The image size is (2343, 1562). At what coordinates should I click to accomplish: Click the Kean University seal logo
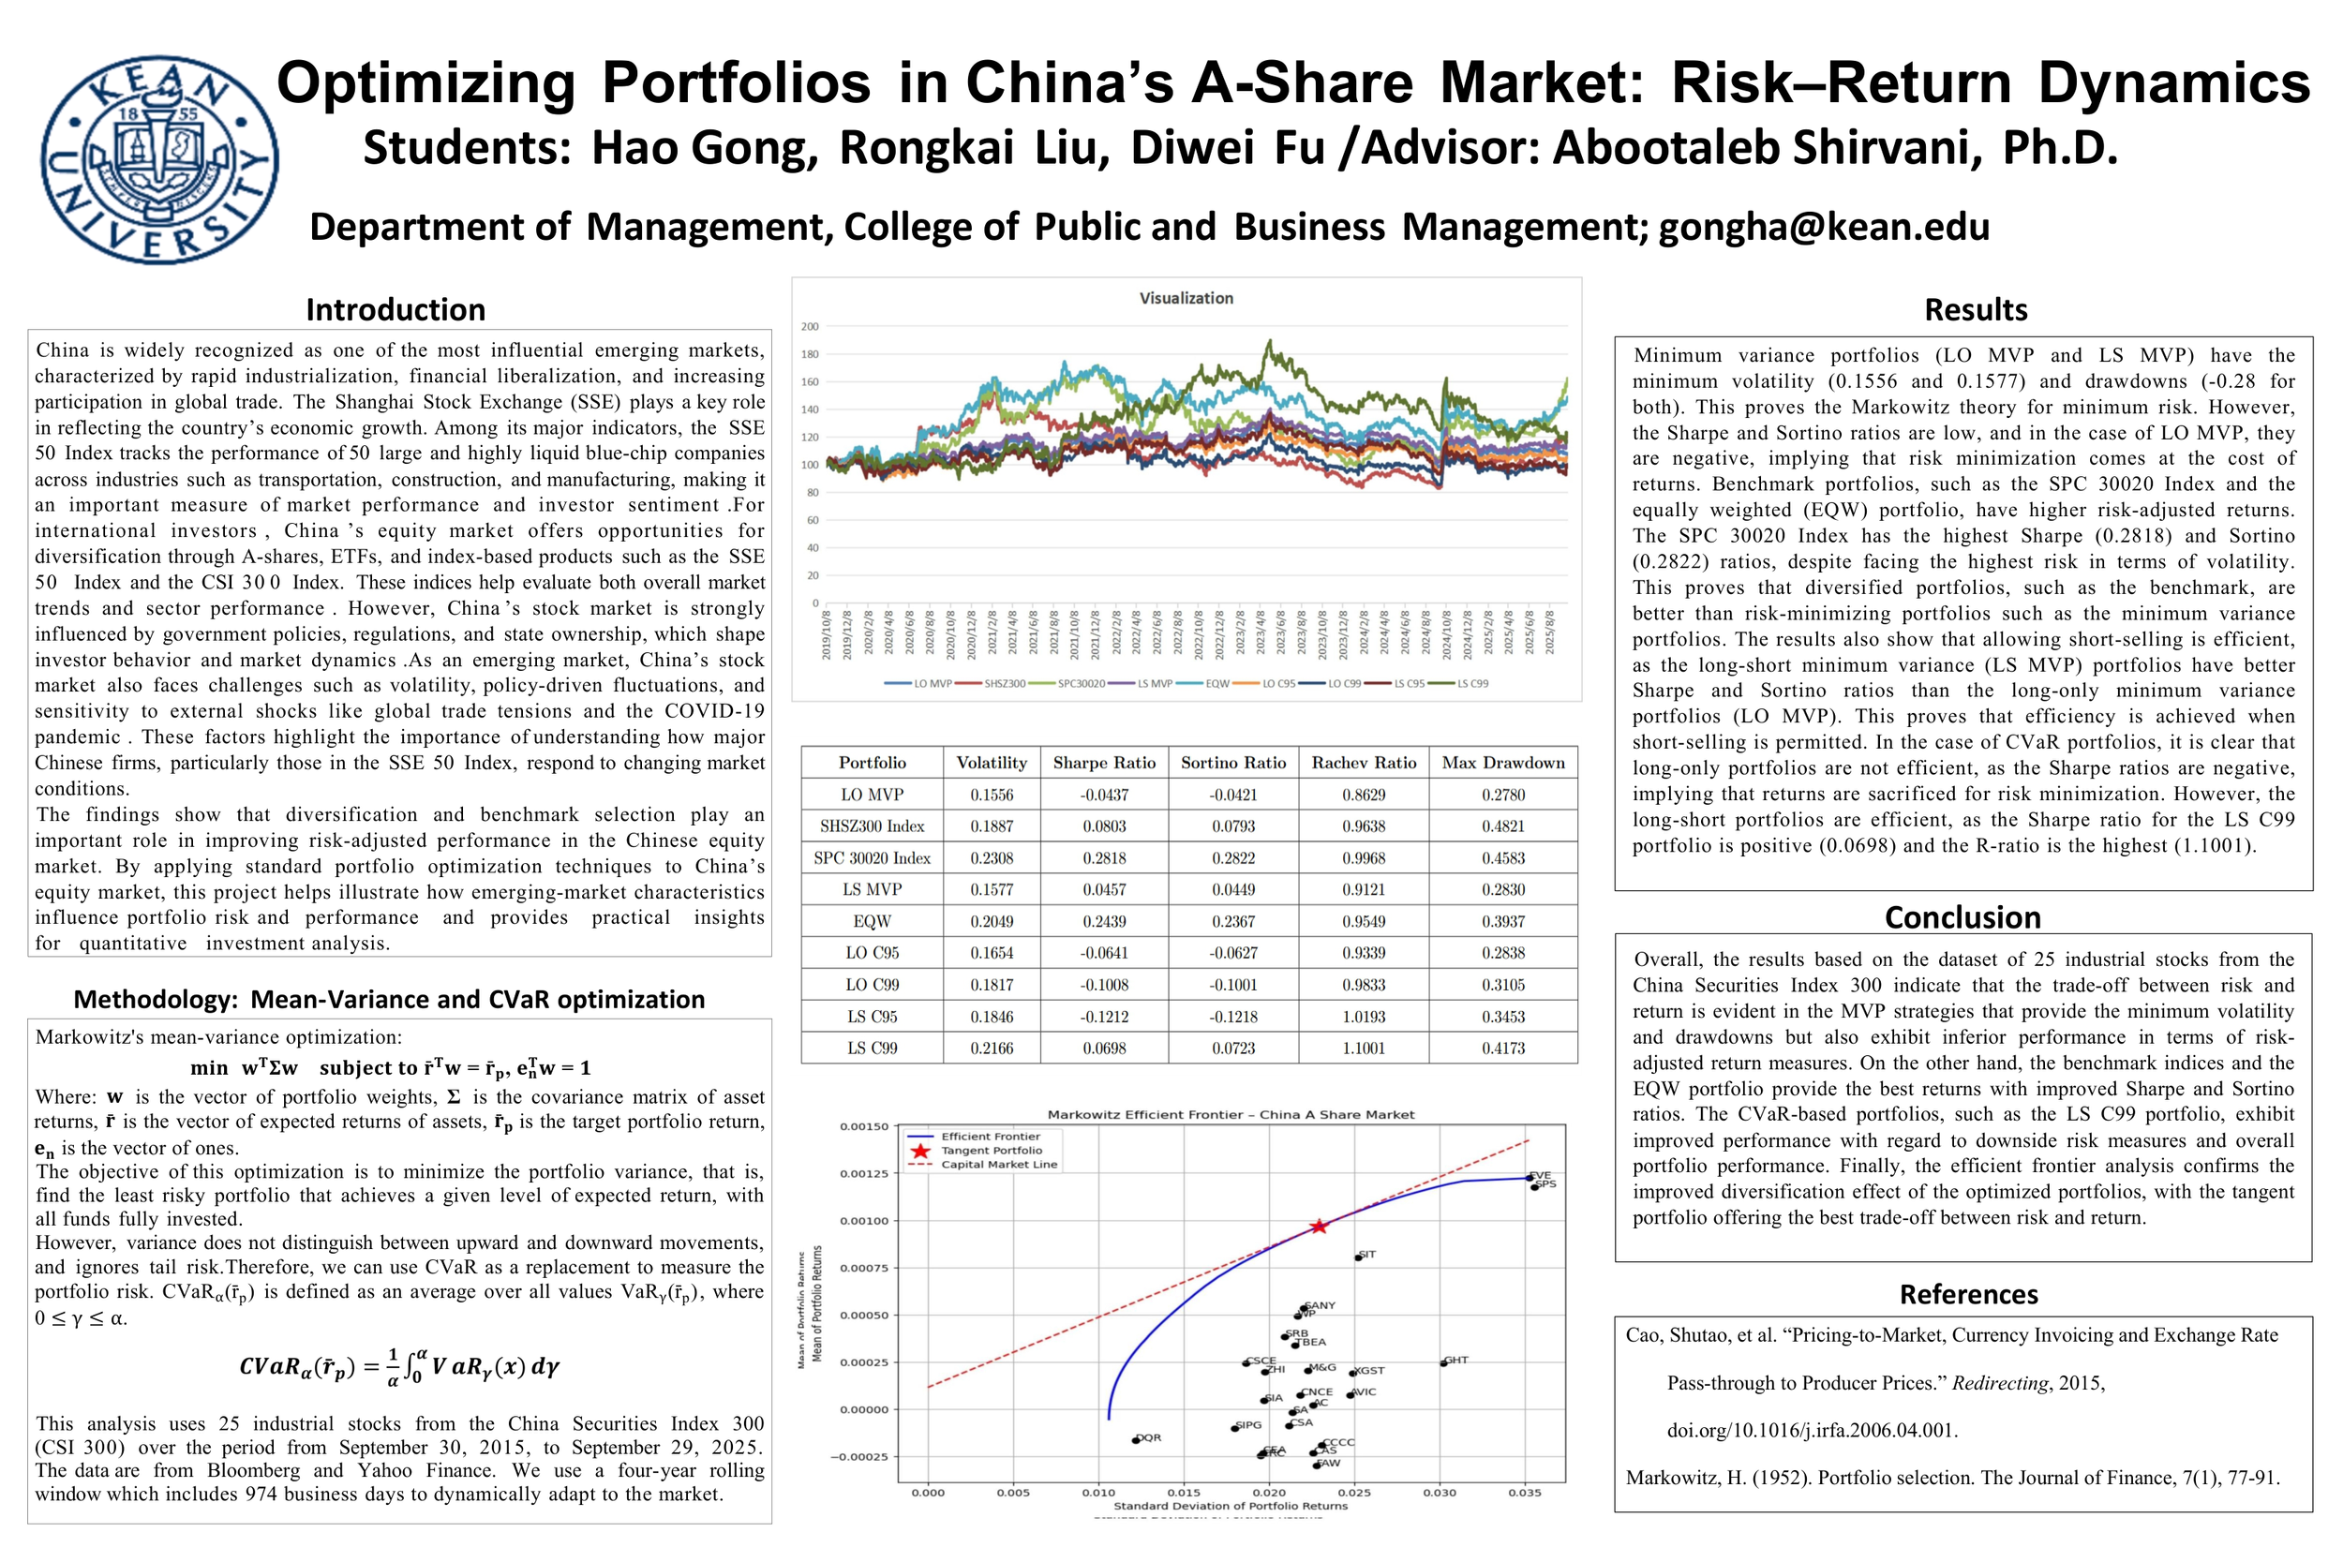[x=159, y=159]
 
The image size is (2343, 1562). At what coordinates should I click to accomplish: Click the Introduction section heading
[x=395, y=310]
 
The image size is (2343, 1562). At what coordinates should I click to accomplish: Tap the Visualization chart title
[x=1186, y=298]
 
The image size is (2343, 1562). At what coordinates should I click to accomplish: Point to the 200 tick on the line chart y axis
[x=810, y=327]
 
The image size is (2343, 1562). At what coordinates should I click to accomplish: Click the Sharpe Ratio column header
[x=1104, y=763]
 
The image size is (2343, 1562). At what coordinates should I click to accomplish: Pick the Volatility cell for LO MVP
[x=992, y=795]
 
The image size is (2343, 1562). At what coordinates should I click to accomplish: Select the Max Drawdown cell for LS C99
[x=1502, y=1048]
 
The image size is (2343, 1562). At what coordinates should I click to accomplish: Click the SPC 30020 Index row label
[x=872, y=857]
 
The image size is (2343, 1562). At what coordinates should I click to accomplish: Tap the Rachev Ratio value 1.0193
[x=1363, y=1016]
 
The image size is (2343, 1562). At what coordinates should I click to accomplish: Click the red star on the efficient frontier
[x=1318, y=1227]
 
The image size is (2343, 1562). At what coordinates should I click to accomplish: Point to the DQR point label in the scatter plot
[x=1149, y=1437]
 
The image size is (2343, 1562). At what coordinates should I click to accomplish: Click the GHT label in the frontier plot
[x=1456, y=1360]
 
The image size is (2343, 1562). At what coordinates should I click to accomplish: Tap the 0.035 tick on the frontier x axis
[x=1524, y=1493]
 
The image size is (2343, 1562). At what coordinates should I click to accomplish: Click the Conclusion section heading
[x=1962, y=916]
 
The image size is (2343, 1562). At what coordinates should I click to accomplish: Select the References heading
[x=1968, y=1294]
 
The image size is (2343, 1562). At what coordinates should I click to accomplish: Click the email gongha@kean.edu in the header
[x=1823, y=227]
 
